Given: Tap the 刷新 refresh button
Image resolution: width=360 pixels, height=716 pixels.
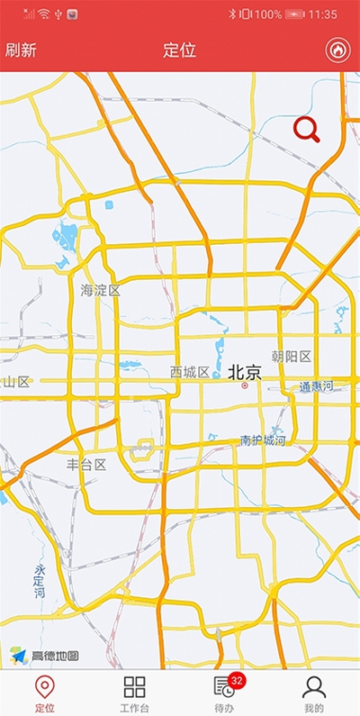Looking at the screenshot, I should point(21,50).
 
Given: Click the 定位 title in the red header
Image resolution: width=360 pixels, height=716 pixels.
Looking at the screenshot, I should point(180,50).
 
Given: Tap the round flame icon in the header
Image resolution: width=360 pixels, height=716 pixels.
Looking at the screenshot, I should point(337,50).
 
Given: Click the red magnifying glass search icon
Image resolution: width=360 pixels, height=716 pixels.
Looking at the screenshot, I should point(307,131).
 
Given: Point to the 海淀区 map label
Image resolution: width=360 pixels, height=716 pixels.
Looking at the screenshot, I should point(100,290).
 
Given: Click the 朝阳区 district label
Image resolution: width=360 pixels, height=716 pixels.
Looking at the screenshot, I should point(291,357).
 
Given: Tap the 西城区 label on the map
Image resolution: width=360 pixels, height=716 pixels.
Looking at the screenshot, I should point(190,372).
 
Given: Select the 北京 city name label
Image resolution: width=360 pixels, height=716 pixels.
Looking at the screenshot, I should point(244,372).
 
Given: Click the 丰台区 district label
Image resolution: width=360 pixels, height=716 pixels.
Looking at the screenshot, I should point(86,465).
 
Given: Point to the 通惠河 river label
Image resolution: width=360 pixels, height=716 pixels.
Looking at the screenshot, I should point(316,386).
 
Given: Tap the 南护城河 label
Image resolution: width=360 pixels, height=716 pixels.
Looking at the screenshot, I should point(263,440).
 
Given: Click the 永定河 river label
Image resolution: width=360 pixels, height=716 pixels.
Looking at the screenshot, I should point(40,582).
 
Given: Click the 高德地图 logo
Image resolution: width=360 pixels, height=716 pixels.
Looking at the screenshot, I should point(45,656).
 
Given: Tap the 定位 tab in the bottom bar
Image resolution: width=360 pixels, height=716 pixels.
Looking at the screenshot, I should point(44,693).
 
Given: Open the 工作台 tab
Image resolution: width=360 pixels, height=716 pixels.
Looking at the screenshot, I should point(134,693).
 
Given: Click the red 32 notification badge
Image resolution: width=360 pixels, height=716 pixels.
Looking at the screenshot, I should point(238,680).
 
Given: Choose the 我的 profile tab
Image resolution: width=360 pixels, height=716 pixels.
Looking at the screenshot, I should point(313,693).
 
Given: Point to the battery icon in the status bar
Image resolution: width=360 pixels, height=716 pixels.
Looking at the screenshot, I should point(295,14).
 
